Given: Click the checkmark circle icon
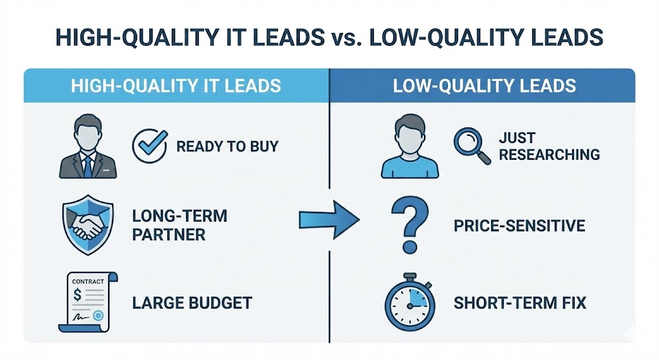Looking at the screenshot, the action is click(149, 146).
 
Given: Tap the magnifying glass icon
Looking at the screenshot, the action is click(470, 146).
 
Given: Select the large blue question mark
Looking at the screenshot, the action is click(410, 225).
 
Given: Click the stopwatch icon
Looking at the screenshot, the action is click(410, 301).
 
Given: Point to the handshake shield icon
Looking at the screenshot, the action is click(88, 224).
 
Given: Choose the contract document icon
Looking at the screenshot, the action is click(88, 301).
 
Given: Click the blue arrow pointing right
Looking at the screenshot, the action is click(329, 220).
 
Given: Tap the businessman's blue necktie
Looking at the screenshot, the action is click(88, 166).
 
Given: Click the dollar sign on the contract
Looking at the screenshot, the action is click(77, 294).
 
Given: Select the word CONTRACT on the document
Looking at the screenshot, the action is click(88, 281).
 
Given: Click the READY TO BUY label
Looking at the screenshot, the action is click(227, 146).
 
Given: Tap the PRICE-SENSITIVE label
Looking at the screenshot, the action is click(519, 226).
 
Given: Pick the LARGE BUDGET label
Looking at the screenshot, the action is click(192, 303).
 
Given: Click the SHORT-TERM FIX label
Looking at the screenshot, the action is click(520, 303).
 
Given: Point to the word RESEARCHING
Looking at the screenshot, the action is click(550, 155).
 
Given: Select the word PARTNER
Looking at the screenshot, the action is click(169, 234).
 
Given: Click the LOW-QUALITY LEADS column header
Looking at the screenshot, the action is click(484, 86).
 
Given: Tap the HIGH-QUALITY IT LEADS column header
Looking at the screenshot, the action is click(176, 86).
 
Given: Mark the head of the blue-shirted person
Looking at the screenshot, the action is click(410, 133).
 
